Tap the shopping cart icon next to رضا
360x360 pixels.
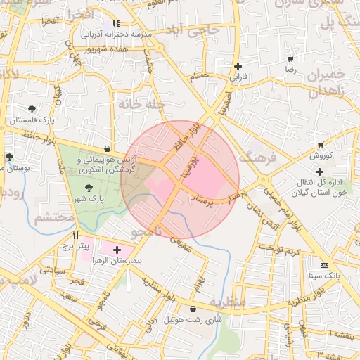tap(291, 60)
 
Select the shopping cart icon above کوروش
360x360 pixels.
tap(321, 145)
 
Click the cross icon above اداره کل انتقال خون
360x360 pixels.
tap(319, 171)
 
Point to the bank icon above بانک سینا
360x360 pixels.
tap(323, 265)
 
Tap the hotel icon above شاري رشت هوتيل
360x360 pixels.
tap(193, 309)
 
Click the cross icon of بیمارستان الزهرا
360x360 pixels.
tap(117, 250)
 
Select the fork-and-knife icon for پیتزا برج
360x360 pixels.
tap(75, 236)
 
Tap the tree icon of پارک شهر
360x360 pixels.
tap(89, 188)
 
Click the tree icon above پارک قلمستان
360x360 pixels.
tap(32, 108)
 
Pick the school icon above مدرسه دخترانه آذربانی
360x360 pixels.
tap(116, 23)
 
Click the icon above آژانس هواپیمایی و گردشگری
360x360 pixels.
tap(106, 149)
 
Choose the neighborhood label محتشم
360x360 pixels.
tap(54, 217)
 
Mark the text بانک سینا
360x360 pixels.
tap(324, 276)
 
